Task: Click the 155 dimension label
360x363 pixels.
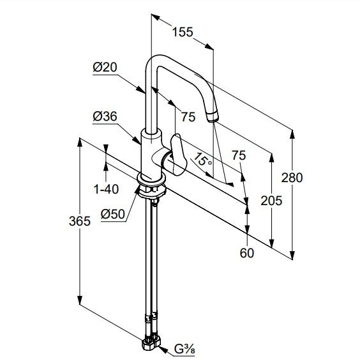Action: tap(183, 32)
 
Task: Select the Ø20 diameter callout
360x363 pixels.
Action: tap(105, 67)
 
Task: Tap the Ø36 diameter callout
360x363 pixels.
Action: tap(105, 116)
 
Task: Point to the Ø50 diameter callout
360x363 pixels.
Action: tap(113, 214)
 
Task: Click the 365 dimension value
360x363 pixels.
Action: tap(80, 221)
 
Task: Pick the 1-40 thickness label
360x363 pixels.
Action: tap(106, 189)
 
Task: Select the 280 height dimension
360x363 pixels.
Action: tap(292, 178)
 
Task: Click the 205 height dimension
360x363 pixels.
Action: tap(271, 201)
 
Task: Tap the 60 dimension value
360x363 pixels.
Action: tap(247, 253)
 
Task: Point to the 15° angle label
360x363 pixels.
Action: tap(203, 160)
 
